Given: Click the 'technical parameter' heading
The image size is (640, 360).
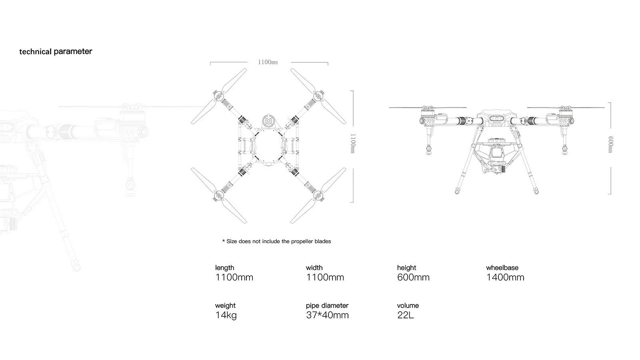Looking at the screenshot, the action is (56, 52).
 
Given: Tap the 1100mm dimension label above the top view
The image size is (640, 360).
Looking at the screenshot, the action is (268, 62).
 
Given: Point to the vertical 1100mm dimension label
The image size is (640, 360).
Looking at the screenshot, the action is (353, 144).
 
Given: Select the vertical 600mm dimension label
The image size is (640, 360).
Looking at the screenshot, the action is (610, 144).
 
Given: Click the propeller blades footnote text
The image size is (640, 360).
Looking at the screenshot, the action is (276, 242).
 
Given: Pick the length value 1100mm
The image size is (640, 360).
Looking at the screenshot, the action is (234, 277).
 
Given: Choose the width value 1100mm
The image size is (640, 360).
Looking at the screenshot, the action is (325, 277).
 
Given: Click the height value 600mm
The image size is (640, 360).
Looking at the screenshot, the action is (413, 277).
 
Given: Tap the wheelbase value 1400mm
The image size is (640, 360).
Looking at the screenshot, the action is (505, 277).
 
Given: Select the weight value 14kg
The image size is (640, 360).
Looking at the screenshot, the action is (226, 315).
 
